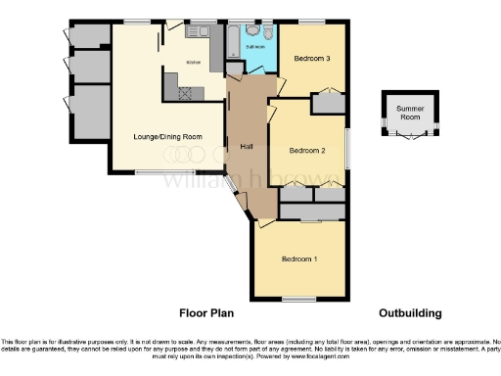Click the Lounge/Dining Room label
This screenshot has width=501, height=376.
click(167, 136)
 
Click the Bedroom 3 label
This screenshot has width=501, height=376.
click(313, 59)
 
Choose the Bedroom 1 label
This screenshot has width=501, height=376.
click(298, 258)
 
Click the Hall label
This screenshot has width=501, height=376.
click(247, 146)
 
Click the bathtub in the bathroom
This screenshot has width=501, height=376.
click(232, 41)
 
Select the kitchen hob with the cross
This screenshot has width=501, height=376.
click(184, 91)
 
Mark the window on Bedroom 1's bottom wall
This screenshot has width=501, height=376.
click(299, 298)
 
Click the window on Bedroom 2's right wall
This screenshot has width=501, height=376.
click(348, 148)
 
